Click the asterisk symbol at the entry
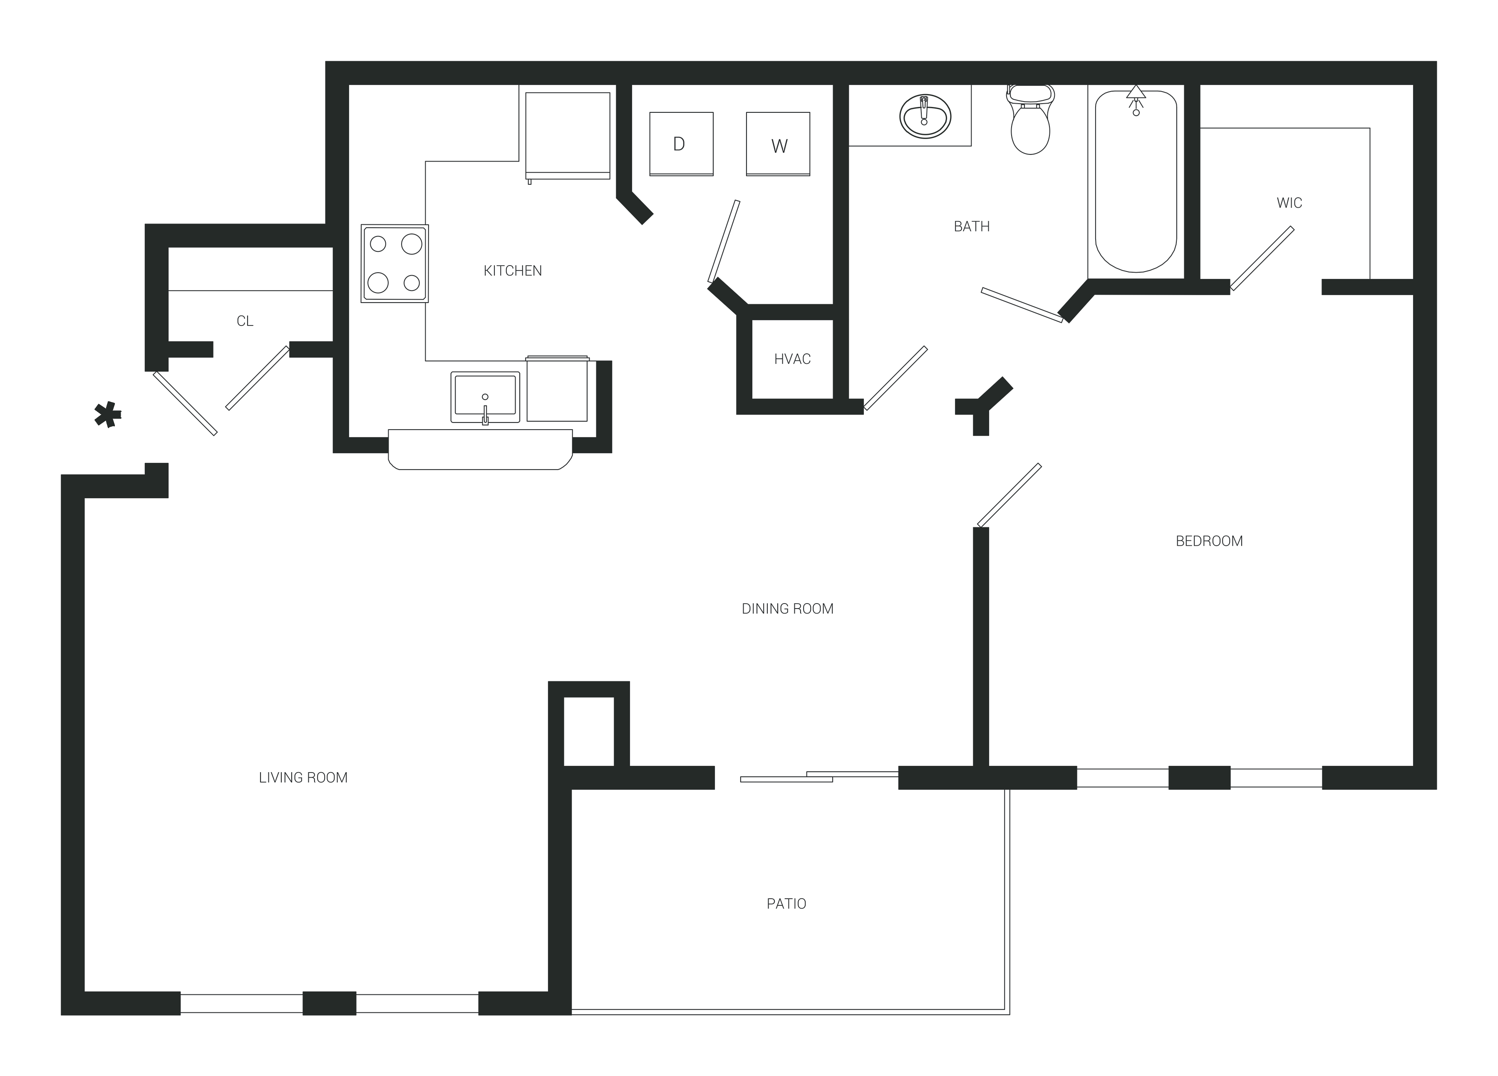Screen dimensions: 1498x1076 (108, 415)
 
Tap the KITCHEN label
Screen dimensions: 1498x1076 (513, 271)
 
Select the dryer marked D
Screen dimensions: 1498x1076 (681, 144)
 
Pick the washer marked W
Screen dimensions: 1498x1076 (778, 144)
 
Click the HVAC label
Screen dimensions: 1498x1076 (792, 359)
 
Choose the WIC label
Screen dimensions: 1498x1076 (1289, 203)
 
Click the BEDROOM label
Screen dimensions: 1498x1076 (1209, 542)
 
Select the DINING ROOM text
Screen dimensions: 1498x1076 (787, 609)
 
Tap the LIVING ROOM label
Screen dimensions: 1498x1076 (303, 778)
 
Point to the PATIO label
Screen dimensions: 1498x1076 (786, 904)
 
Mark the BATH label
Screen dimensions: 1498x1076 (972, 226)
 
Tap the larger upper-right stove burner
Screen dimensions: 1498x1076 (412, 244)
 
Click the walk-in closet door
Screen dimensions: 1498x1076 (1262, 258)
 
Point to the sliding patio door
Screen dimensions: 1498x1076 (819, 776)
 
